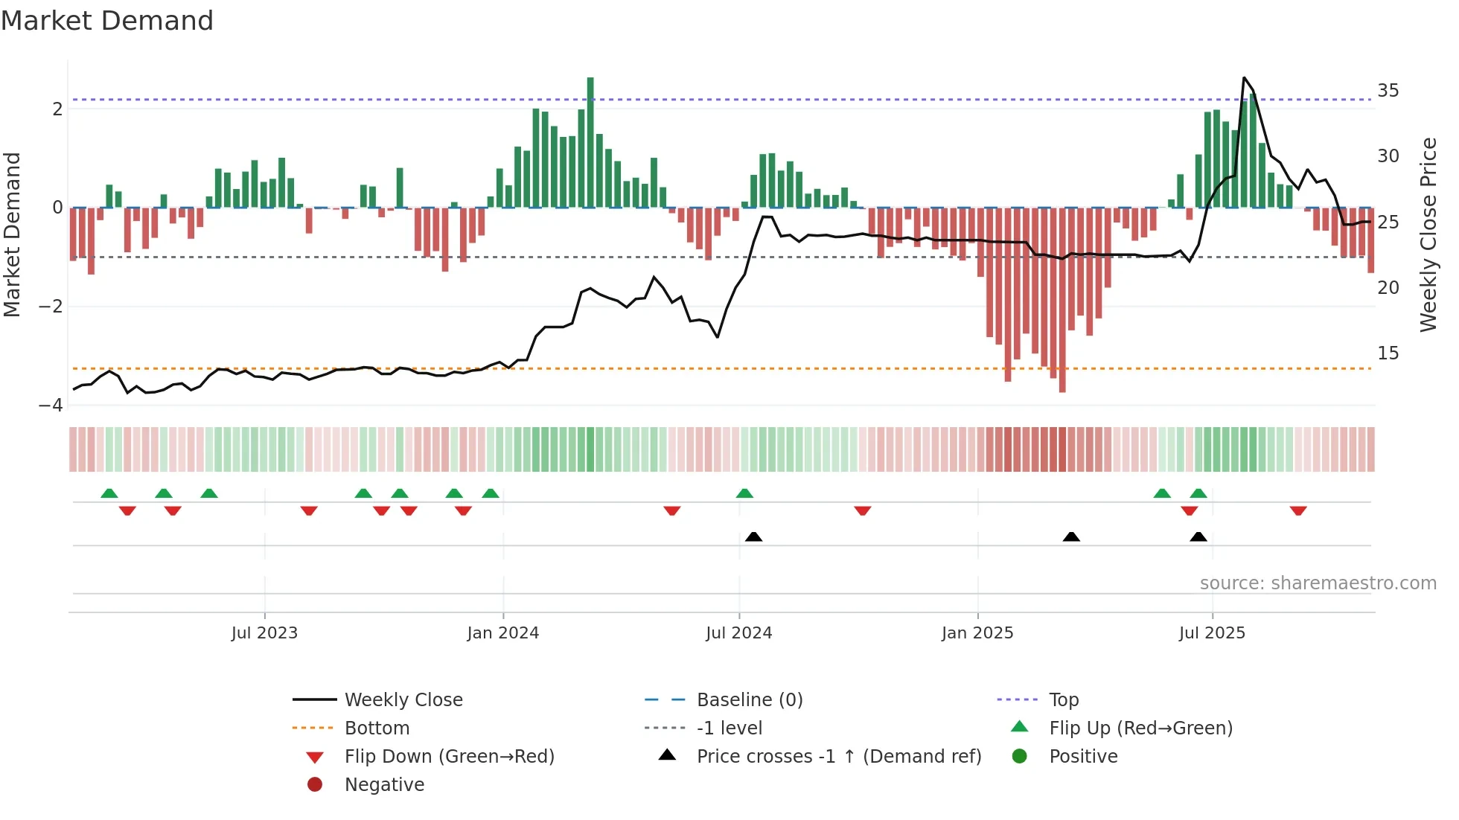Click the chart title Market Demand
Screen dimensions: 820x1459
[107, 21]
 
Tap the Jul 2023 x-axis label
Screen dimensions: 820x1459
[264, 633]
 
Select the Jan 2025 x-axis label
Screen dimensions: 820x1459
[977, 633]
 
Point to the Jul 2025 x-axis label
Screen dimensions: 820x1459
[1212, 633]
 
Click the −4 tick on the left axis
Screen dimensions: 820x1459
[51, 406]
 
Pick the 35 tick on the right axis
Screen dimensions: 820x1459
[1388, 91]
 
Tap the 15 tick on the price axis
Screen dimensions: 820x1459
[1388, 353]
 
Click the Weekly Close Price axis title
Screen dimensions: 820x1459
[1428, 234]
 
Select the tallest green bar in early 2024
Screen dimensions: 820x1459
[590, 141]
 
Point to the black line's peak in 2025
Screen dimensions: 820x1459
[1244, 78]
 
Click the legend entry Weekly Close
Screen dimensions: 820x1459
[403, 700]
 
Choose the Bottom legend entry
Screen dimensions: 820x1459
[377, 728]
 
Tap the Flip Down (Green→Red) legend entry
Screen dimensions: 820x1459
[449, 757]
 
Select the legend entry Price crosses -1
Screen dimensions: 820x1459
[838, 757]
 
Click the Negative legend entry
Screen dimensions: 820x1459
[384, 785]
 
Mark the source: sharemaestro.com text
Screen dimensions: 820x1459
[1318, 583]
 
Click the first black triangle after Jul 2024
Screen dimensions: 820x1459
[753, 536]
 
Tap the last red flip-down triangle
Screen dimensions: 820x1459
[1298, 510]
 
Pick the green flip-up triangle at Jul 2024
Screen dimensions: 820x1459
[744, 493]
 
